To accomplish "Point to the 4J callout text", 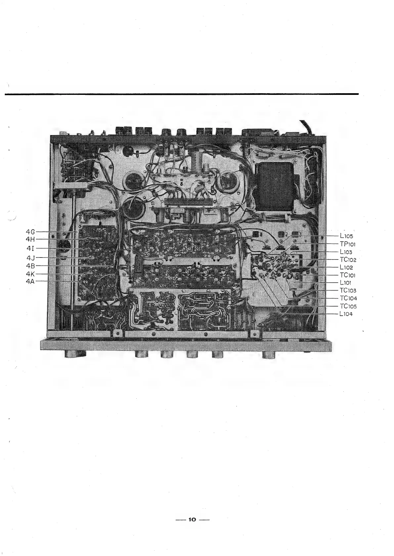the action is click(31, 258).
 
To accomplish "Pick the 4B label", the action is click(30, 265).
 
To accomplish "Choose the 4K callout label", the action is click(30, 274).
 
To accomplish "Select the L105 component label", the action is click(346, 236).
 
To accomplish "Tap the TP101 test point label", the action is click(347, 244).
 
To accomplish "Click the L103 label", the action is click(346, 252).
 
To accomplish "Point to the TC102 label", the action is click(348, 259).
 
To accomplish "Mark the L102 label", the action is click(346, 267).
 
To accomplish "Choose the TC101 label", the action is click(348, 275).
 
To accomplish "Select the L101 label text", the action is click(346, 283).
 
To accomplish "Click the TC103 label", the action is click(348, 291).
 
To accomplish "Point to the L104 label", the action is click(346, 314).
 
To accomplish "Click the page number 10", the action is click(192, 520).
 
